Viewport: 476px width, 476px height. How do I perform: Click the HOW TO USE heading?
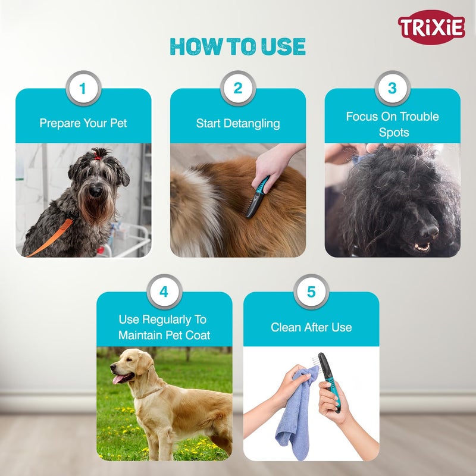[x=237, y=46]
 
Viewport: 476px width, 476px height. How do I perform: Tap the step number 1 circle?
[x=83, y=89]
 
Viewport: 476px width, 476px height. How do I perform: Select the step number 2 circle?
[x=237, y=89]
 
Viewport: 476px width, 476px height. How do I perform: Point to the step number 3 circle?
[x=392, y=89]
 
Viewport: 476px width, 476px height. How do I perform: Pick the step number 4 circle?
[x=164, y=292]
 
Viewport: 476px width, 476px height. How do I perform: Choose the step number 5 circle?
[x=311, y=292]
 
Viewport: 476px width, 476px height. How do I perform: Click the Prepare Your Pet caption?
[x=83, y=124]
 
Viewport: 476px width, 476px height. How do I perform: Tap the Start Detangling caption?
[x=238, y=124]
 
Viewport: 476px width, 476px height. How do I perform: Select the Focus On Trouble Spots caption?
[x=393, y=124]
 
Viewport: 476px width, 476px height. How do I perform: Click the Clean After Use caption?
[x=311, y=327]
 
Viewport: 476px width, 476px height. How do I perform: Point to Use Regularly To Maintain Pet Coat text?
[x=164, y=327]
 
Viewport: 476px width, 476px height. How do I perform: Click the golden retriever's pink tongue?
[x=121, y=378]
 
